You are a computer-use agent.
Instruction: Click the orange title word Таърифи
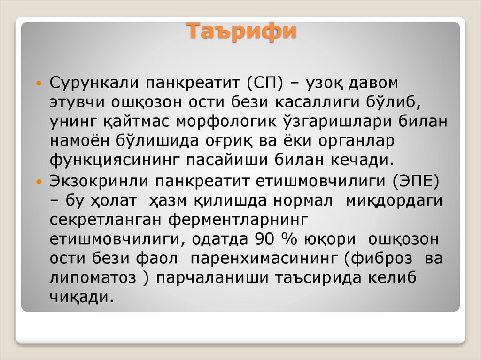point(243,32)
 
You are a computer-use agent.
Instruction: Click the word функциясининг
point(115,160)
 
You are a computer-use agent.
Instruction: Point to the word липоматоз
point(92,277)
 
